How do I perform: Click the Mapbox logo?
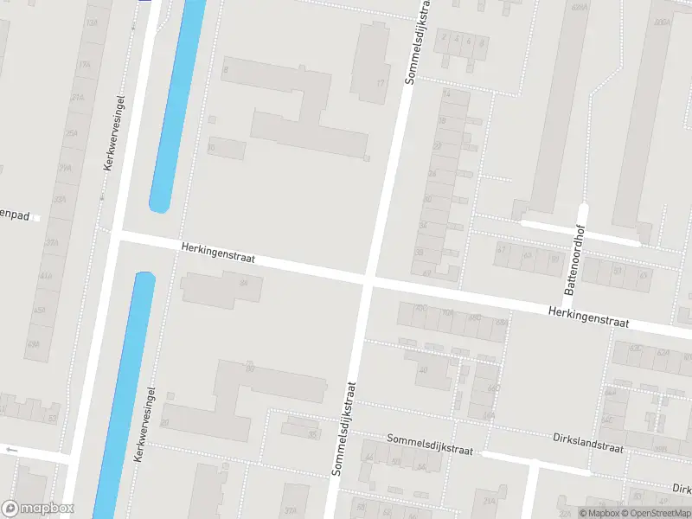(x=38, y=509)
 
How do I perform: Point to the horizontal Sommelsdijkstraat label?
(x=430, y=445)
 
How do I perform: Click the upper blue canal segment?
(x=178, y=104)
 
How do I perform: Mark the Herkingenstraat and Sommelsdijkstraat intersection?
(x=367, y=280)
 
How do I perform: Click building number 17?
(x=381, y=84)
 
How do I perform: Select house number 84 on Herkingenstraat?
(x=243, y=283)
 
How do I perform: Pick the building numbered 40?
(x=423, y=369)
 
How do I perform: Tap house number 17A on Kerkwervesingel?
(x=85, y=65)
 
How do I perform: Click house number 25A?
(x=72, y=132)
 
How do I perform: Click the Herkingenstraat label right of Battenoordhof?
(x=588, y=317)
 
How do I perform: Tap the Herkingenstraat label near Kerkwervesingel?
(x=218, y=253)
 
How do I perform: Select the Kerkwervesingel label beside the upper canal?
(x=115, y=131)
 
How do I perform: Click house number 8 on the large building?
(x=226, y=69)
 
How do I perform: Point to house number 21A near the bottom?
(x=490, y=501)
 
